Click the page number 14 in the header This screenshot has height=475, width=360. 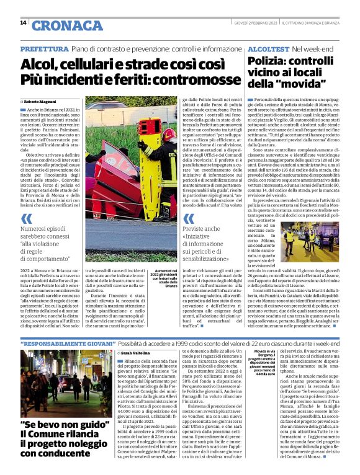23,23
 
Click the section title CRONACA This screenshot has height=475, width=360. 58,25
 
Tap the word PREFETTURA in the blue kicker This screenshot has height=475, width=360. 44,48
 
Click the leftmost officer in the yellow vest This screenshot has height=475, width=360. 289,238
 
